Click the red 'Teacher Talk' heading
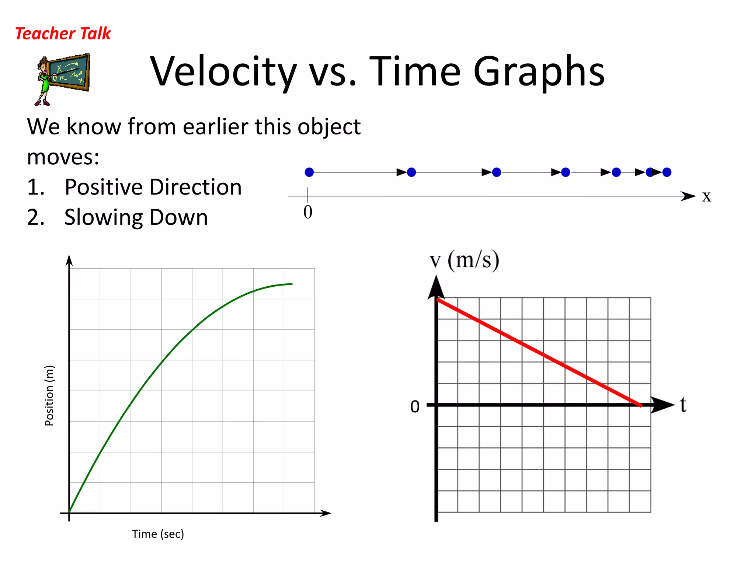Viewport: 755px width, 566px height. [x=63, y=34]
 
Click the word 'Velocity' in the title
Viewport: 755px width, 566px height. [x=223, y=72]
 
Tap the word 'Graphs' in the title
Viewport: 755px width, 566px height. [x=539, y=72]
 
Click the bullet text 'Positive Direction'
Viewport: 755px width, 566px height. [x=153, y=187]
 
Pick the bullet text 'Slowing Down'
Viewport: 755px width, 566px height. [x=136, y=217]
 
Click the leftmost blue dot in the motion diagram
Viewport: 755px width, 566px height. [x=309, y=172]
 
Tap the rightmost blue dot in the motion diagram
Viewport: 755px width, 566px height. [x=667, y=172]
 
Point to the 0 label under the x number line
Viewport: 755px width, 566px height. [x=308, y=212]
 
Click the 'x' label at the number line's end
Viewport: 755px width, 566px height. [x=706, y=196]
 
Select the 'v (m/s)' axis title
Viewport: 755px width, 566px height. [x=465, y=260]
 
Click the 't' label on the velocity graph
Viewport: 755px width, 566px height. [x=683, y=405]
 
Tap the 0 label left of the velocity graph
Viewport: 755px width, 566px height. [x=415, y=406]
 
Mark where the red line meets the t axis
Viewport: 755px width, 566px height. [x=641, y=405]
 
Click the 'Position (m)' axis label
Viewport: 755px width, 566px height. [x=49, y=395]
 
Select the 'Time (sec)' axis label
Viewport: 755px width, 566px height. [x=158, y=534]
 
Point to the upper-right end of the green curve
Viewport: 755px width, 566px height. [x=292, y=284]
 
